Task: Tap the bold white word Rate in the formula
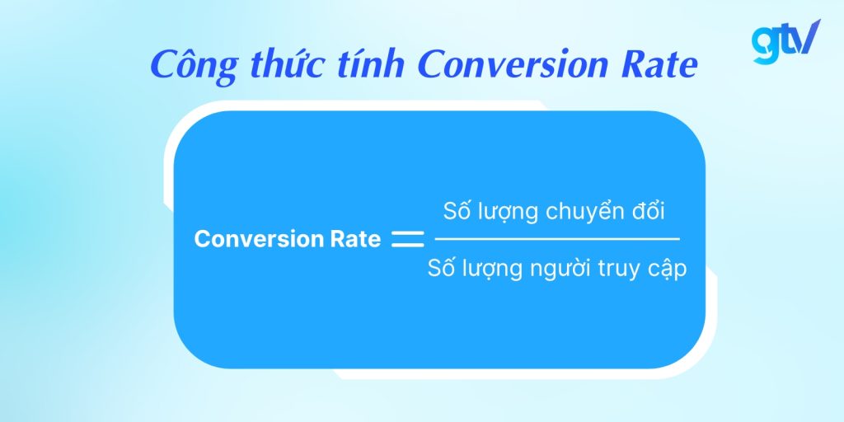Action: tap(355, 239)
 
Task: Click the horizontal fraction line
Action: tap(557, 239)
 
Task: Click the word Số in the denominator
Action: tap(442, 269)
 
